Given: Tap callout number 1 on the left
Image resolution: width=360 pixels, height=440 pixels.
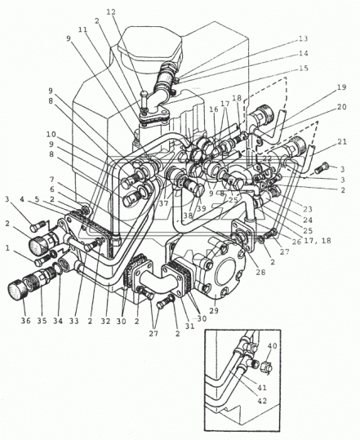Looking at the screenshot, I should [7, 247].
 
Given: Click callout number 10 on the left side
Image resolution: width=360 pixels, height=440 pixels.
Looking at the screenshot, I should [51, 135].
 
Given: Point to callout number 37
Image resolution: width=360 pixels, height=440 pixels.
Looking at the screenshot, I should [164, 204].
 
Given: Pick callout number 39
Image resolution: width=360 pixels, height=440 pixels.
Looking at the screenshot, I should [201, 209].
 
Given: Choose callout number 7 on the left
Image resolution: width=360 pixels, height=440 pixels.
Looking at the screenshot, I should [51, 179].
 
